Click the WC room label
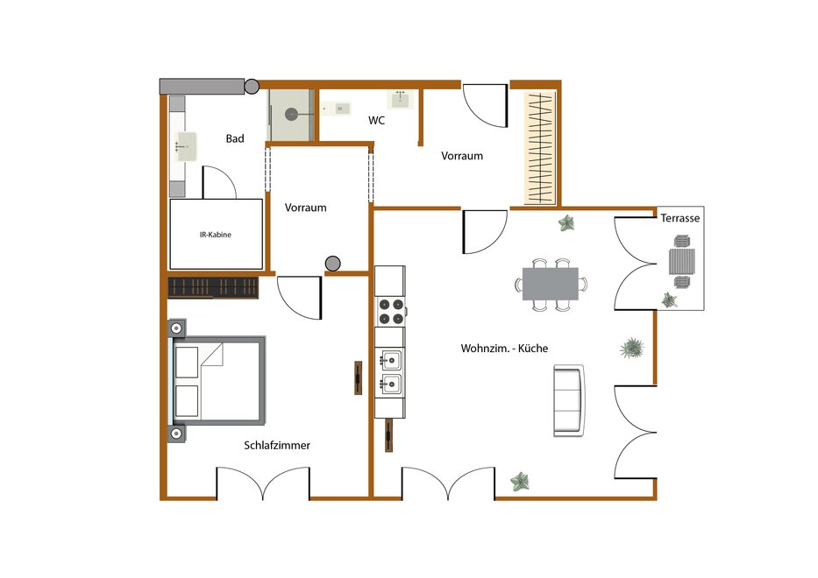coord(376,120)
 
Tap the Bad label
coord(235,138)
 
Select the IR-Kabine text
coord(216,235)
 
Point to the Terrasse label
coord(680,218)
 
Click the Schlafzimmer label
coord(277,445)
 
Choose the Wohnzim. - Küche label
coord(504,349)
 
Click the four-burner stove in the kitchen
coord(391,311)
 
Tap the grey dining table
coord(551,284)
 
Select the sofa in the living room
coord(569,400)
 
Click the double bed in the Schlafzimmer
coord(217,380)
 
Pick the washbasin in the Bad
coord(186,146)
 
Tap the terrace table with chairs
coord(682,262)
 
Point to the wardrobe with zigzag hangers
coord(540,148)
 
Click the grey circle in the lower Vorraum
coord(333,264)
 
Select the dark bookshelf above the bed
coord(213,288)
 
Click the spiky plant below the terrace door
coord(632,349)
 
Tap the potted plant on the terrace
coord(669,300)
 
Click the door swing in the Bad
coord(219,182)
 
